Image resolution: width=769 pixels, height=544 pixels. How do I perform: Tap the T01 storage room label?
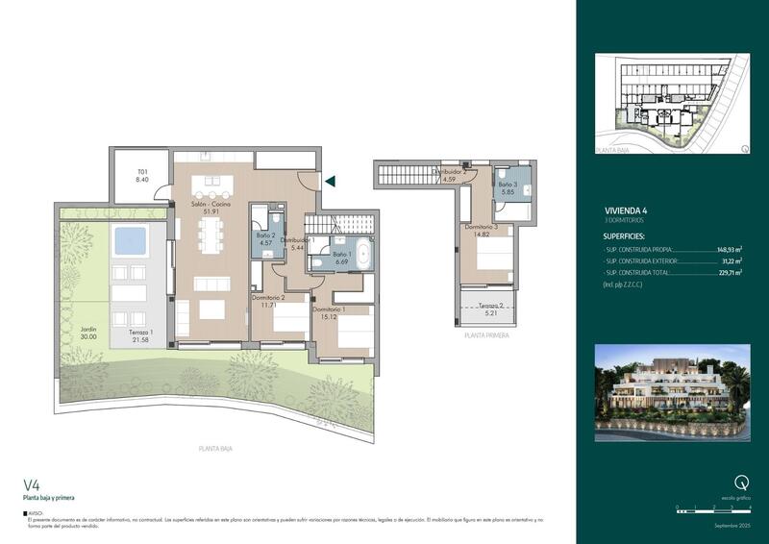point(142,174)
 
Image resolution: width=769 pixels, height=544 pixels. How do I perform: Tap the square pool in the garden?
point(129,240)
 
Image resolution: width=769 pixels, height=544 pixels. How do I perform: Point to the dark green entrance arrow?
point(330,180)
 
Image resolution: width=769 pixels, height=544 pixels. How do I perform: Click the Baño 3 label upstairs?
point(508,185)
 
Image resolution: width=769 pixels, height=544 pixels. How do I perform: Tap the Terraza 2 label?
point(486,305)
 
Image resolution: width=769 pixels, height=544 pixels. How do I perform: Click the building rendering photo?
point(672,391)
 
